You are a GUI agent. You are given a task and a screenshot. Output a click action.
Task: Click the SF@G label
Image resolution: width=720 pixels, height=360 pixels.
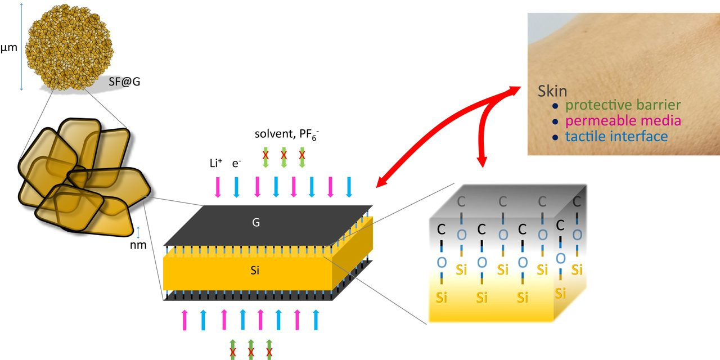124,82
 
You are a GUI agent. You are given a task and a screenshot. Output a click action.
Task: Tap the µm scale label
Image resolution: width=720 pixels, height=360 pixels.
9,47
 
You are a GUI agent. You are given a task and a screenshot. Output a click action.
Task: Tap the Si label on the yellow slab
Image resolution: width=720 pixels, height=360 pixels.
255,271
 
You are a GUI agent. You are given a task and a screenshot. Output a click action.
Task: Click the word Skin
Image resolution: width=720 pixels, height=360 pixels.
552,91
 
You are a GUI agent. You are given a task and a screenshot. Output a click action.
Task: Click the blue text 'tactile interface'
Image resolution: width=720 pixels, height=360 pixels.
616,137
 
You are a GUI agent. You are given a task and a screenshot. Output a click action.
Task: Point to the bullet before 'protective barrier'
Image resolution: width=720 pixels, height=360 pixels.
555,106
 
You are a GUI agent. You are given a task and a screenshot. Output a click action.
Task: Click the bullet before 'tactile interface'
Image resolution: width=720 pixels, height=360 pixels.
555,137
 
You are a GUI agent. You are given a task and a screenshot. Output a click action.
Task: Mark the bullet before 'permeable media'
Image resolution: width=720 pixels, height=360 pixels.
555,121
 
